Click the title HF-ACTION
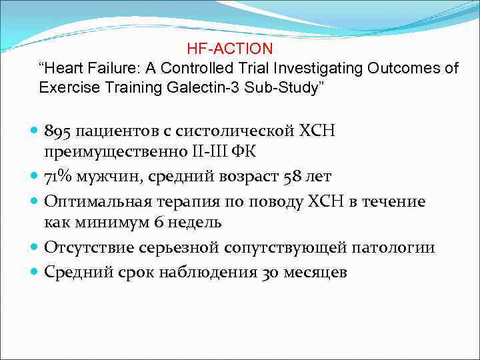pos(230,49)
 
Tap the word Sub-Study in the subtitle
pos(281,87)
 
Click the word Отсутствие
pos(89,247)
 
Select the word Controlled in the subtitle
pos(203,69)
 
